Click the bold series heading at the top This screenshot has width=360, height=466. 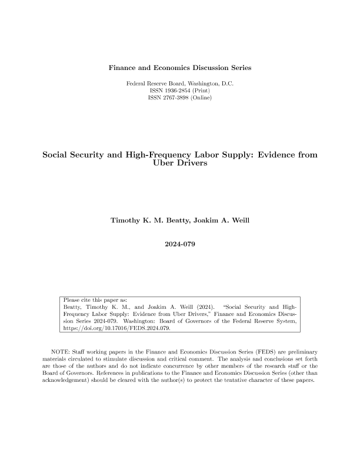coord(180,68)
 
